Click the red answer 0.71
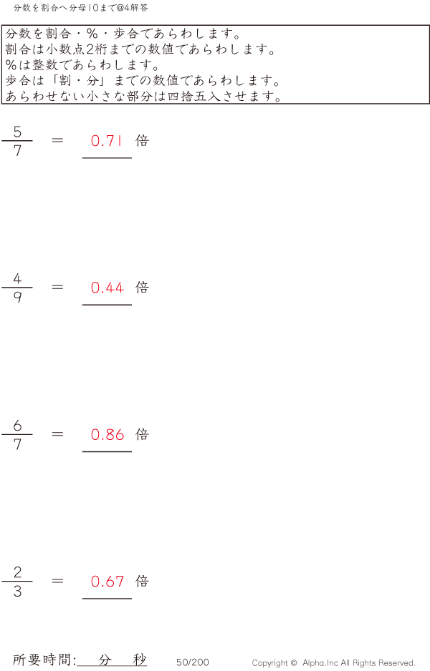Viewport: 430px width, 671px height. click(x=107, y=141)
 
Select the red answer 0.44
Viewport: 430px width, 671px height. click(x=107, y=288)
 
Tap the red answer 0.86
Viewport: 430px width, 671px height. click(x=107, y=435)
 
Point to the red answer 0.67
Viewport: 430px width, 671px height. click(x=107, y=582)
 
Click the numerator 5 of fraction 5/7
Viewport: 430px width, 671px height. click(x=17, y=131)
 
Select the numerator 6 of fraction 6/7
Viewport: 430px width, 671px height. click(x=17, y=426)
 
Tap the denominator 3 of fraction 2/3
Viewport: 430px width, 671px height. click(x=17, y=592)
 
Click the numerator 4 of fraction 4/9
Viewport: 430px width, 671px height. click(x=17, y=278)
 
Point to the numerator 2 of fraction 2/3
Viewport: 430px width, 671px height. click(x=17, y=572)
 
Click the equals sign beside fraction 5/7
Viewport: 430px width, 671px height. click(x=58, y=140)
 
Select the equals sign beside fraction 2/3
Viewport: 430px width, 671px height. click(x=58, y=581)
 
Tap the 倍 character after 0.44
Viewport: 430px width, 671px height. click(x=143, y=288)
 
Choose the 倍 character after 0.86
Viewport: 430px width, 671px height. click(x=143, y=434)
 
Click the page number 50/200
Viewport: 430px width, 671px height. click(x=193, y=662)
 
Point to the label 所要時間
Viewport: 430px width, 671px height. click(x=44, y=660)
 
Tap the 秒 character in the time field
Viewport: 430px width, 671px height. click(x=140, y=660)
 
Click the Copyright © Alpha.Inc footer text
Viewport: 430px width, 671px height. click(x=333, y=663)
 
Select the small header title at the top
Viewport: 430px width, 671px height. click(x=81, y=7)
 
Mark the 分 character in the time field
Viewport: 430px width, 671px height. click(x=105, y=660)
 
